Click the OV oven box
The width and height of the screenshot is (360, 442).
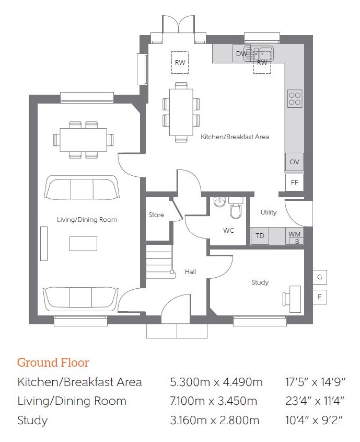[x=294, y=162]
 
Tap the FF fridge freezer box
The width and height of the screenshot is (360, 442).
[x=294, y=183]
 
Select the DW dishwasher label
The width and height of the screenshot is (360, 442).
[x=241, y=53]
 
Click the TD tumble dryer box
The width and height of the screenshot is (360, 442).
[x=260, y=236]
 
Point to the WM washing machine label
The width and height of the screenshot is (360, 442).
[x=294, y=234]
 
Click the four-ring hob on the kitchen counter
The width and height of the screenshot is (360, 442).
[x=295, y=98]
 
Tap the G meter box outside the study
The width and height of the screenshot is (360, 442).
[x=320, y=277]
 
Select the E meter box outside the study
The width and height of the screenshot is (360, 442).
[x=320, y=297]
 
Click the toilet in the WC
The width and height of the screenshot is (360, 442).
[x=236, y=208]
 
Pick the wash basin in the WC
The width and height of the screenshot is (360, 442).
[x=219, y=202]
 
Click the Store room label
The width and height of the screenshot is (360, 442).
[x=156, y=215]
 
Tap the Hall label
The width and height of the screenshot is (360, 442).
[x=190, y=272]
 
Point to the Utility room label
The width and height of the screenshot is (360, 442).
[x=269, y=212]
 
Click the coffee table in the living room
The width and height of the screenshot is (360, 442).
[x=83, y=244]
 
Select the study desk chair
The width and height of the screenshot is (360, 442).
[x=286, y=299]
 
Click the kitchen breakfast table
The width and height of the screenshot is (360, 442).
[x=181, y=112]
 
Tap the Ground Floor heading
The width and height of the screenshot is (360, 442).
[x=53, y=362]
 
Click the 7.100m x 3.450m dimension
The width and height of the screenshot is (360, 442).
[x=213, y=401]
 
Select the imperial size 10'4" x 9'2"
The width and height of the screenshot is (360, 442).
[x=314, y=420]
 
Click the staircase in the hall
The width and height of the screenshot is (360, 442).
[x=159, y=262]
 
